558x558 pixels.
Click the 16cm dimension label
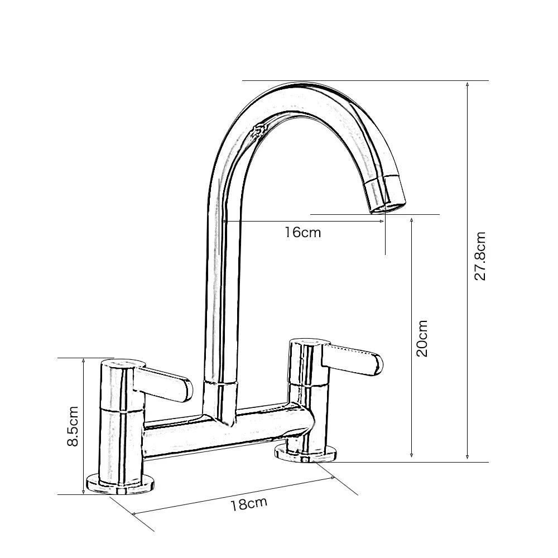[303, 232]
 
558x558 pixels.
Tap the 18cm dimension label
[249, 503]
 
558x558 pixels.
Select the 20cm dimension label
[422, 338]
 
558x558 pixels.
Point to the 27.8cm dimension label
[480, 256]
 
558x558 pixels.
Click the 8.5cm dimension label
[73, 426]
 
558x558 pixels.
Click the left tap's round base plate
[121, 484]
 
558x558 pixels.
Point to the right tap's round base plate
[306, 453]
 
